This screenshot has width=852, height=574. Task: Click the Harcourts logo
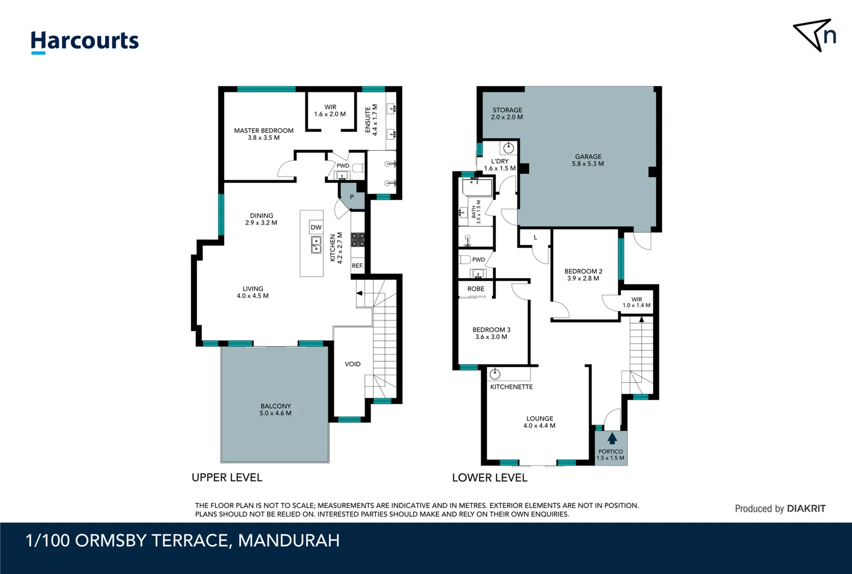85,41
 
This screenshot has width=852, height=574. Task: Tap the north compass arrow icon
813,36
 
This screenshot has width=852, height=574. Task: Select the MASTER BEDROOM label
264,134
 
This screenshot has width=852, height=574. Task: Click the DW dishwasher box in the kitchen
316,227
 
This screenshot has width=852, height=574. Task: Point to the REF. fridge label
357,266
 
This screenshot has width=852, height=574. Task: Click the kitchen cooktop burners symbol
358,240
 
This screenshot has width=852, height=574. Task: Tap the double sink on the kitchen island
316,245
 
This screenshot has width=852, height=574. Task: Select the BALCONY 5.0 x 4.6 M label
275,409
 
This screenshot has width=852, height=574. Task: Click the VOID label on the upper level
352,364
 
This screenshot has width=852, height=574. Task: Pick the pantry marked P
351,197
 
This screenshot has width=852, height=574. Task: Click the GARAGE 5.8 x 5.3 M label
588,160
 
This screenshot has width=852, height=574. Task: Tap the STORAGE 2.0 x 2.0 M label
507,114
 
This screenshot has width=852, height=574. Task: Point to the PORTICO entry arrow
612,438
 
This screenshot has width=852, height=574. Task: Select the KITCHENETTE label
511,387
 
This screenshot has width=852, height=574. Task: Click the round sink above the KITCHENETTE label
495,374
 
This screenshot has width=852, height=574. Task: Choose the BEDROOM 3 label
491,333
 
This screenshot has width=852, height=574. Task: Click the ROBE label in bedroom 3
476,289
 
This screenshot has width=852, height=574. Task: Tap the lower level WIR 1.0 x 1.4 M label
637,302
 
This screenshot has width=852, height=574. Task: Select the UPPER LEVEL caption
227,478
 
